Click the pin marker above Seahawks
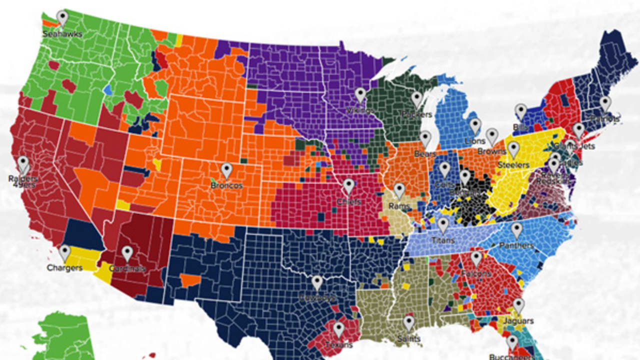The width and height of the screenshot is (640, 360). [62, 18]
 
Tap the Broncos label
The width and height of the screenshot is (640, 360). [226, 185]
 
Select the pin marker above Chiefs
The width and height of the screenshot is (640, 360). [348, 186]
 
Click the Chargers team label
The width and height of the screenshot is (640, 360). [64, 268]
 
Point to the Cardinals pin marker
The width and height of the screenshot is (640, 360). [127, 253]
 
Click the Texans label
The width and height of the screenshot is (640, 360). [338, 344]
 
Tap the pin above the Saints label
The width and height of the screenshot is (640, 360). [409, 323]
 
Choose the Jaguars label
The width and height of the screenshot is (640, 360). [518, 321]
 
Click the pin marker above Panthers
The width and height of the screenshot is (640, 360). [516, 230]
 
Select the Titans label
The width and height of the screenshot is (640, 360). [443, 240]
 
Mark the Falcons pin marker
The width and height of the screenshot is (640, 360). [476, 258]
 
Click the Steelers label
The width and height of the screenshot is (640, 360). [513, 164]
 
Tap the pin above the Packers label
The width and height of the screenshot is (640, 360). [417, 99]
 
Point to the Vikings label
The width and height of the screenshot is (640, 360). [360, 110]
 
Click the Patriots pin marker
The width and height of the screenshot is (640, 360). [605, 103]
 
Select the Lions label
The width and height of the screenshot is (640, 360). [475, 141]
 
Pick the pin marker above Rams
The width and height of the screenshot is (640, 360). [399, 190]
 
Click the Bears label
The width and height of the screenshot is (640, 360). [425, 154]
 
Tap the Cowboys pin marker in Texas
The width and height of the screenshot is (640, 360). [317, 283]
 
